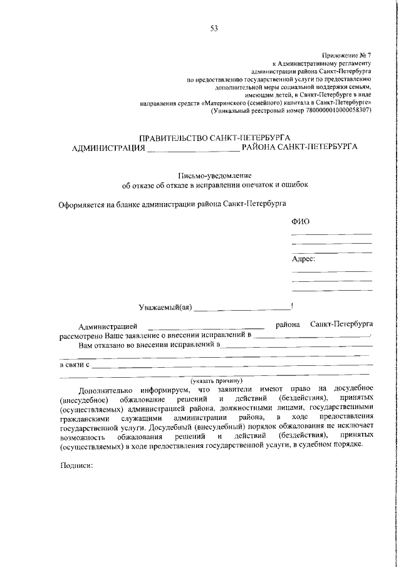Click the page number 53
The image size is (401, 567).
(214, 28)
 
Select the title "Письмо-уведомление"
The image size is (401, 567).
(215, 176)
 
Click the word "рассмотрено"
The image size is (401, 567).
(81, 335)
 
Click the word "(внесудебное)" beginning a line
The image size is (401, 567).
(85, 398)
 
